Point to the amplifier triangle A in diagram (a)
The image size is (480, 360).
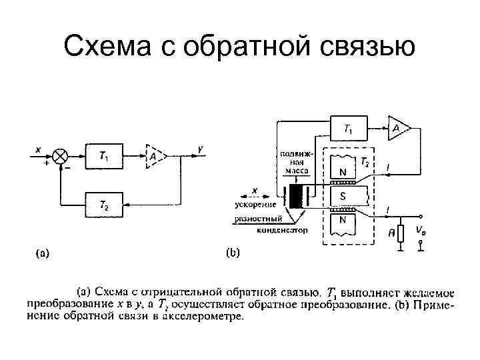(x=153, y=156)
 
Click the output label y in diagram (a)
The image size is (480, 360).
(x=201, y=149)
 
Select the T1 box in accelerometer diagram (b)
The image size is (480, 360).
(x=349, y=127)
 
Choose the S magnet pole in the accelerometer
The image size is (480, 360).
(x=343, y=197)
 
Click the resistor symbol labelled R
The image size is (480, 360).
(x=401, y=233)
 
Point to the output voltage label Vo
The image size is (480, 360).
(x=420, y=230)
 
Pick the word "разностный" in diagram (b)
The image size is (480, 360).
(x=258, y=218)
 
